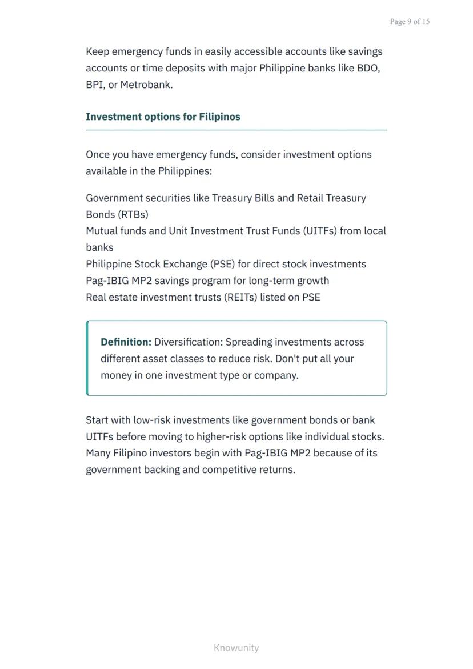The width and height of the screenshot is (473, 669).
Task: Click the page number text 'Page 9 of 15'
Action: pyautogui.click(x=410, y=22)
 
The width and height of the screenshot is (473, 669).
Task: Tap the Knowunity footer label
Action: pyautogui.click(x=236, y=648)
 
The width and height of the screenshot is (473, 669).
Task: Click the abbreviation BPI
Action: pyautogui.click(x=95, y=85)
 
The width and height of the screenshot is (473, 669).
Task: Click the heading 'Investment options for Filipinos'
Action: pyautogui.click(x=163, y=117)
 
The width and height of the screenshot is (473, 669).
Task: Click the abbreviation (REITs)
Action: pyautogui.click(x=240, y=297)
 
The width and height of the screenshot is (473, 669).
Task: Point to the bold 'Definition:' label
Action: pyautogui.click(x=126, y=342)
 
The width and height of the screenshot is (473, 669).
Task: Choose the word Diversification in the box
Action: pyautogui.click(x=188, y=342)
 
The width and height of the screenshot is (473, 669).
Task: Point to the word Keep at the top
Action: pyautogui.click(x=97, y=51)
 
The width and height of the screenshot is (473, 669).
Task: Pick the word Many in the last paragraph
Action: pyautogui.click(x=98, y=453)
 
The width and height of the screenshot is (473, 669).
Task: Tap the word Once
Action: pyautogui.click(x=98, y=154)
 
